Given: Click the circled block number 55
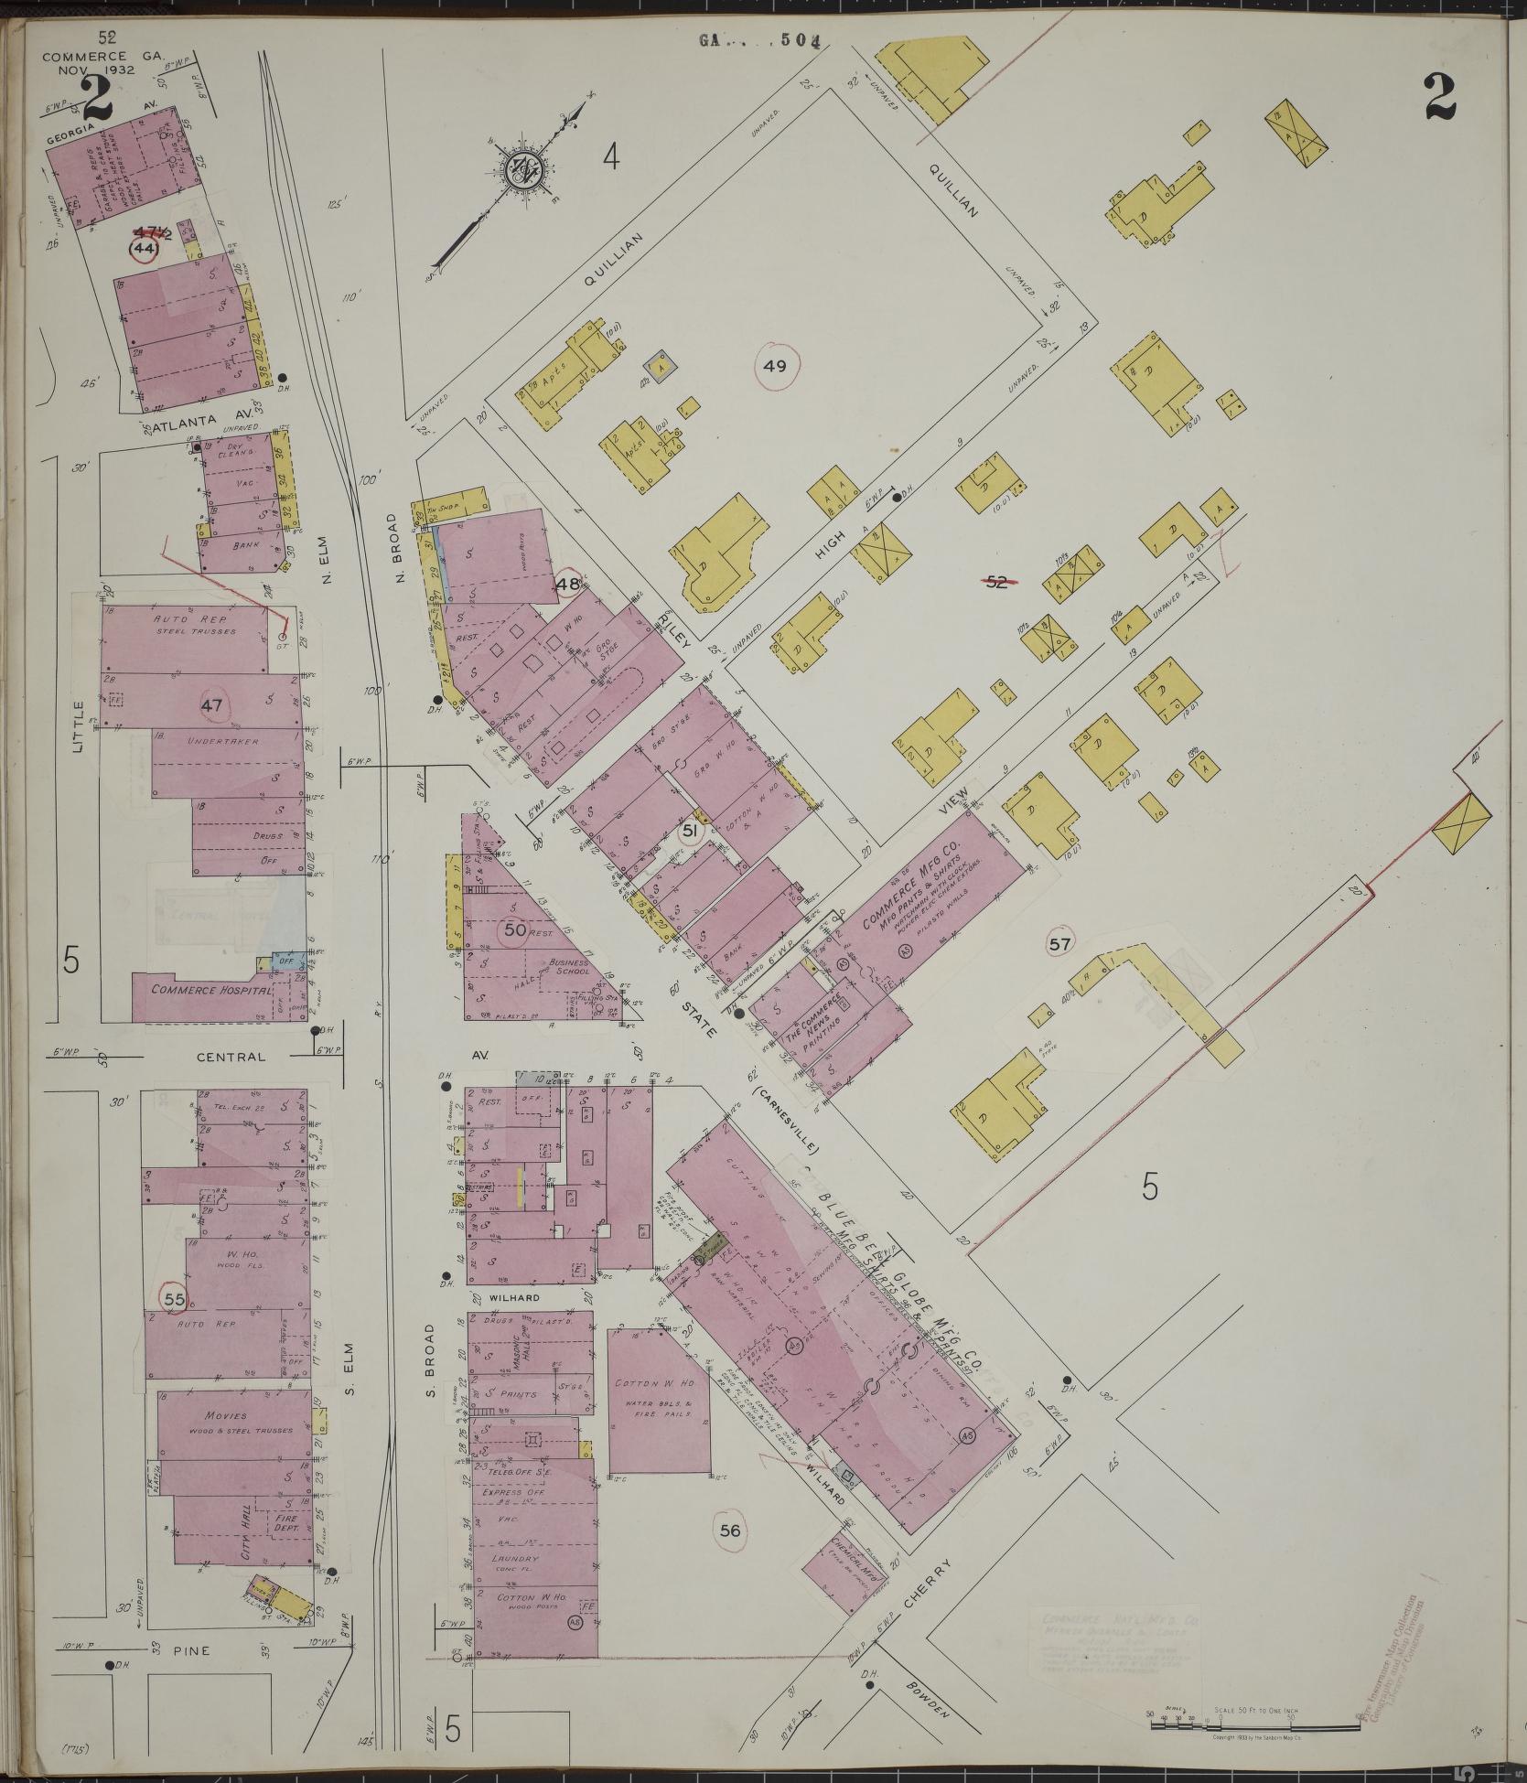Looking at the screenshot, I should tap(174, 1297).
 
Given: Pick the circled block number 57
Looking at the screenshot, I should tap(1059, 945).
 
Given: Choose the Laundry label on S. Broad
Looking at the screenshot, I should tap(514, 1557).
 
